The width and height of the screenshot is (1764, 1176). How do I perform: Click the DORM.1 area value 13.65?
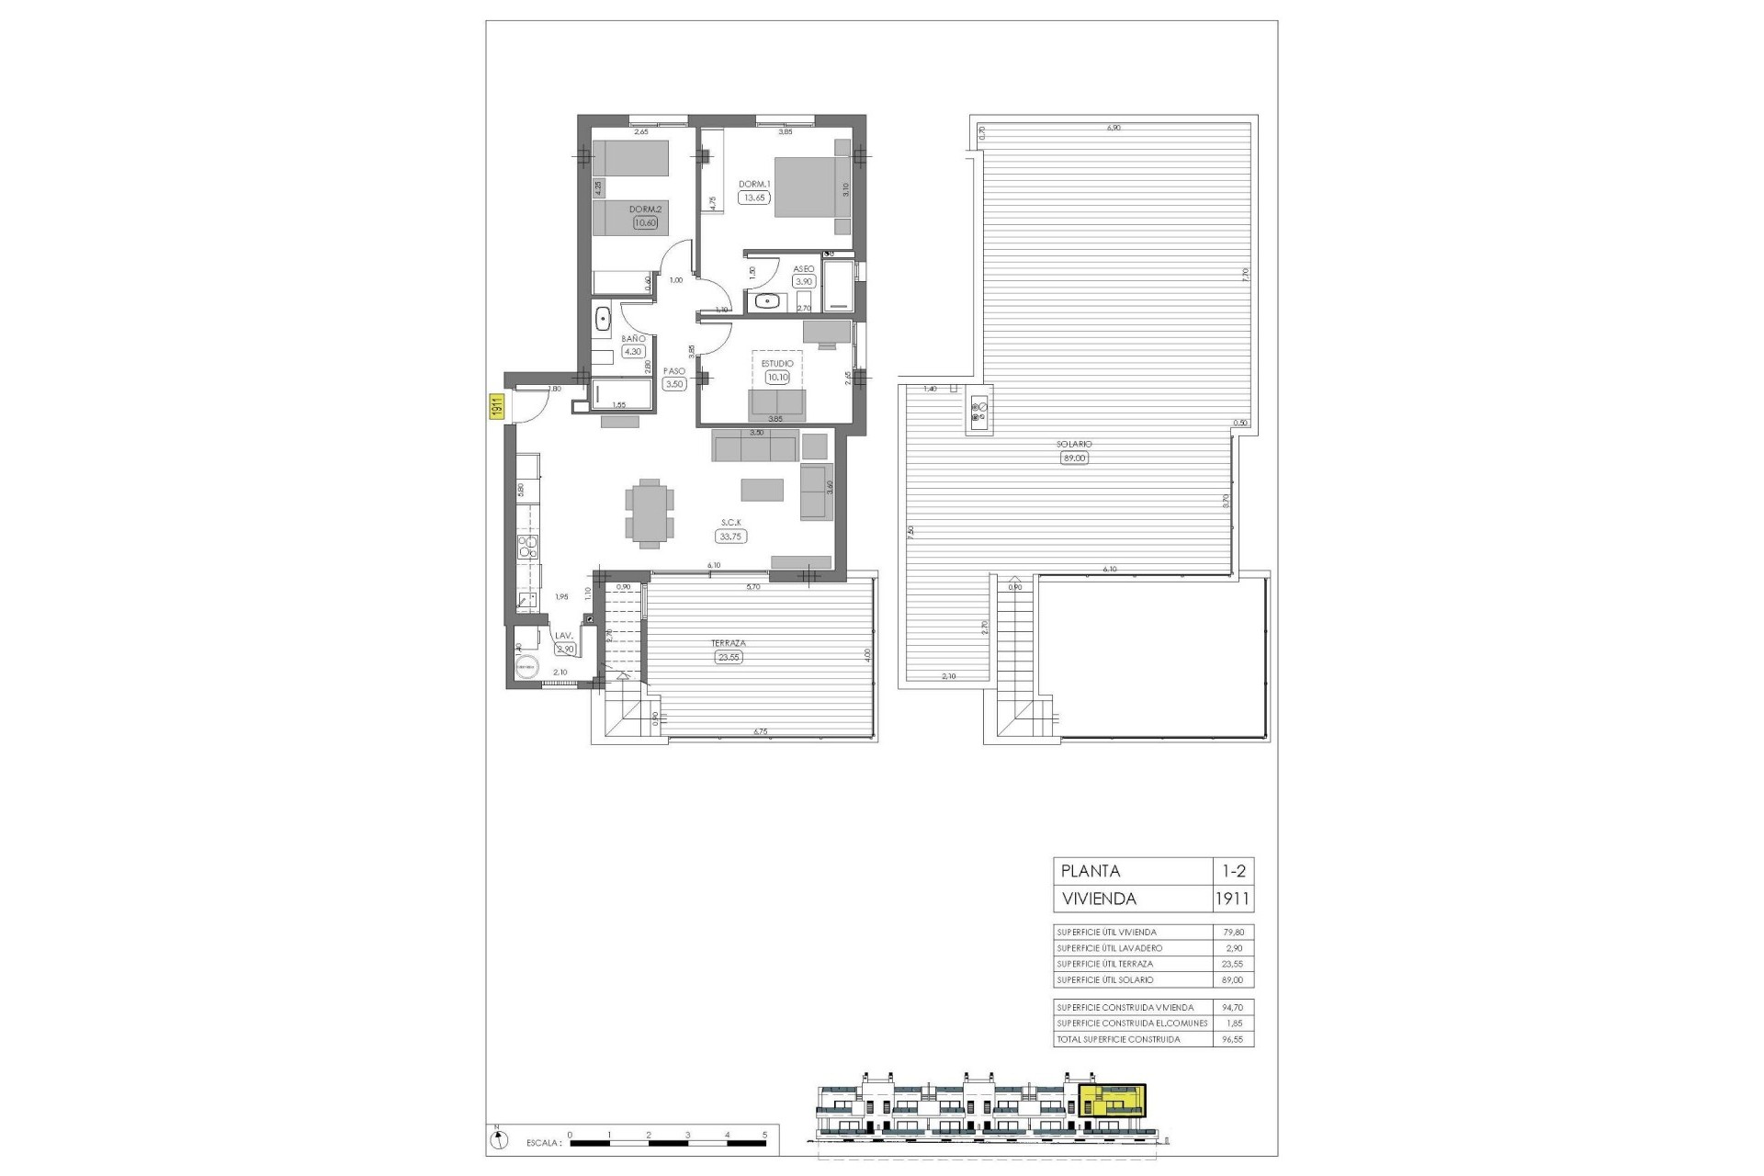click(754, 198)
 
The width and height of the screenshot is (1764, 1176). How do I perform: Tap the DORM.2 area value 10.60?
click(645, 221)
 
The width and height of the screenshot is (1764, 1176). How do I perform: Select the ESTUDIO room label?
click(777, 364)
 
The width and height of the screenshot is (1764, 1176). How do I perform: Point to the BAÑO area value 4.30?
click(634, 351)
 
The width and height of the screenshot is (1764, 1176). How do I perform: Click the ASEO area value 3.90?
click(804, 282)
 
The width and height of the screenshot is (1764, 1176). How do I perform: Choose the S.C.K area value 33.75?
click(731, 537)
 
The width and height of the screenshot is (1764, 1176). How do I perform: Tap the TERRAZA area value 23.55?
click(728, 657)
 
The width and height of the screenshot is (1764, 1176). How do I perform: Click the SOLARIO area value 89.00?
click(1074, 458)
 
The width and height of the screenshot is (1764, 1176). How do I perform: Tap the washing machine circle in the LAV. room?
click(527, 668)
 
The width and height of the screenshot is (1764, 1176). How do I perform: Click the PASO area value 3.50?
click(674, 384)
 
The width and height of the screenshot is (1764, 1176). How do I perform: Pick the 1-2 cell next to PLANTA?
click(1232, 871)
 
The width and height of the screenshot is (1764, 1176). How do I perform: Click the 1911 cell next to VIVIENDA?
click(1232, 899)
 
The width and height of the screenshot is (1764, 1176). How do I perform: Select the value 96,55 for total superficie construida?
click(1232, 1039)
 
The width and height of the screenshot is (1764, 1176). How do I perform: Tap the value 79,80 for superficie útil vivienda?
click(1232, 933)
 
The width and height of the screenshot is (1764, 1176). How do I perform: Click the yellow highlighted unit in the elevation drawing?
click(1113, 1100)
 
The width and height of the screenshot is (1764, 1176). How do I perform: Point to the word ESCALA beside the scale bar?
click(543, 1144)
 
